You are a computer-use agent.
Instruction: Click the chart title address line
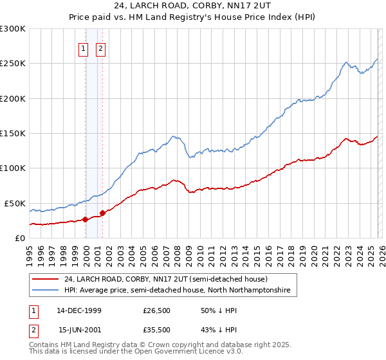192,6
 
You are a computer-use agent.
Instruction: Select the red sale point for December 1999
86,219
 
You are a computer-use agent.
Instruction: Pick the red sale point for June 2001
102,213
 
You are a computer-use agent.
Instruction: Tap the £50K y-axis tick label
15,203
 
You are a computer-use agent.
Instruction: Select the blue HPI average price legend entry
177,291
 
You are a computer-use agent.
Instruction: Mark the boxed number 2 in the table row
32,329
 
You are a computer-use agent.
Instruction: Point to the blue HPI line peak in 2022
347,62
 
